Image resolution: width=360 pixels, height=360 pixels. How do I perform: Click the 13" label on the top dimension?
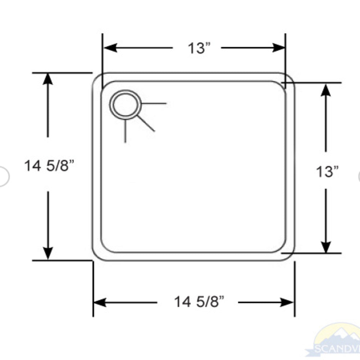198,48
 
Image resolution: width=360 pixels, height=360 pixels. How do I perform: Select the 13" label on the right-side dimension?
327,172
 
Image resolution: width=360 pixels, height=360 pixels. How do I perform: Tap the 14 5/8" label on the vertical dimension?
49,166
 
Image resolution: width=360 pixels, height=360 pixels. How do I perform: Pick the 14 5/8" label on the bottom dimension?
199,302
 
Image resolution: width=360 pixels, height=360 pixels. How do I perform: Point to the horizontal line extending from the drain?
154,104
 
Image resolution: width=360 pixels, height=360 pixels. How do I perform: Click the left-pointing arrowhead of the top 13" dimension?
110,48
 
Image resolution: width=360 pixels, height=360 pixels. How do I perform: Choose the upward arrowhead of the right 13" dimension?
326,90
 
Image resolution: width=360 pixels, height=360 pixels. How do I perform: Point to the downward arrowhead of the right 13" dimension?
326,247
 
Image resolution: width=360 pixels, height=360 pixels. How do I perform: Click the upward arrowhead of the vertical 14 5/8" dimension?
48,79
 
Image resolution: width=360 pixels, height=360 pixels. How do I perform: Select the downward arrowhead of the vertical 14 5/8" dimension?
48,253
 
